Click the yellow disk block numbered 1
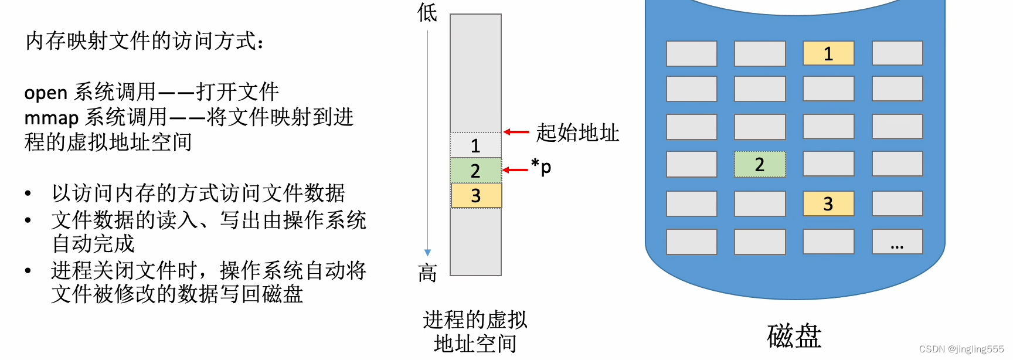coord(828,53)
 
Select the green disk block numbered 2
coord(760,164)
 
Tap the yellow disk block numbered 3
coord(828,203)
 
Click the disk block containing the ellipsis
coord(897,242)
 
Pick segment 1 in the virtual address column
coord(475,145)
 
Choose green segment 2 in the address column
coord(475,171)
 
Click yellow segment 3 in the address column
coord(475,196)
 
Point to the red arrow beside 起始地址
coord(516,132)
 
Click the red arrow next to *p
coord(515,170)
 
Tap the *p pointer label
coord(541,167)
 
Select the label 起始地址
coord(577,133)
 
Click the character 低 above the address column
coord(427,12)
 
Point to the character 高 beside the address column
coord(427,273)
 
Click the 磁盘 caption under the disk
coord(794,336)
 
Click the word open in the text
coord(46,93)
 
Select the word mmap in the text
coord(51,118)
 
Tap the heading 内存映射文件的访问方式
coord(144,41)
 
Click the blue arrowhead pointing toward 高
coord(428,253)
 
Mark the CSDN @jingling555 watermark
coord(961,349)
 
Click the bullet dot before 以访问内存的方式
coord(28,193)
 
